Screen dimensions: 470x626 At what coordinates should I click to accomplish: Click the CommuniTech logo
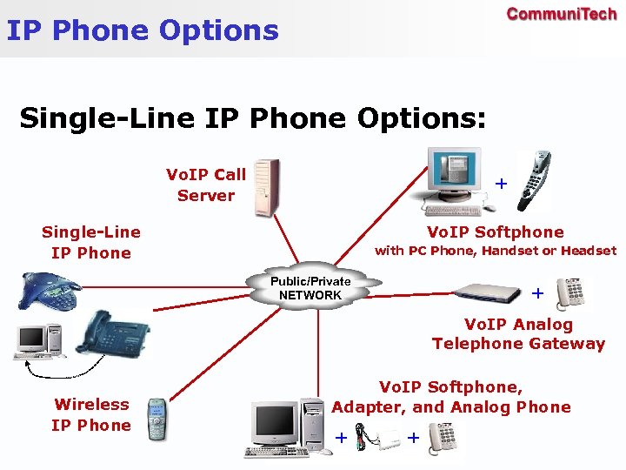click(561, 14)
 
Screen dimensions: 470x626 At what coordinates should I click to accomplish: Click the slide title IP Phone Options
click(143, 31)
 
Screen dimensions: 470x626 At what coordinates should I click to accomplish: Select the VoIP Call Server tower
click(266, 186)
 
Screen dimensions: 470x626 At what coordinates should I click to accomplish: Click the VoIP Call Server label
click(206, 185)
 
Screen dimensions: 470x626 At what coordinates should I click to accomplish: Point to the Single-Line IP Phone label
click(91, 242)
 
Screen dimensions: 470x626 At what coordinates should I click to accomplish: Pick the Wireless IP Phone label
click(91, 414)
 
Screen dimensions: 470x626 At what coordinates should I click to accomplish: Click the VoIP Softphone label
click(495, 232)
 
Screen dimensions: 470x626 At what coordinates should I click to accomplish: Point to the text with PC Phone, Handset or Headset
click(495, 251)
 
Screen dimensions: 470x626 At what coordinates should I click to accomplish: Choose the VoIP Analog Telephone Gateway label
click(518, 334)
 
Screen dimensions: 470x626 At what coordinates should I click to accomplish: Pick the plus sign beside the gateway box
click(537, 294)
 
